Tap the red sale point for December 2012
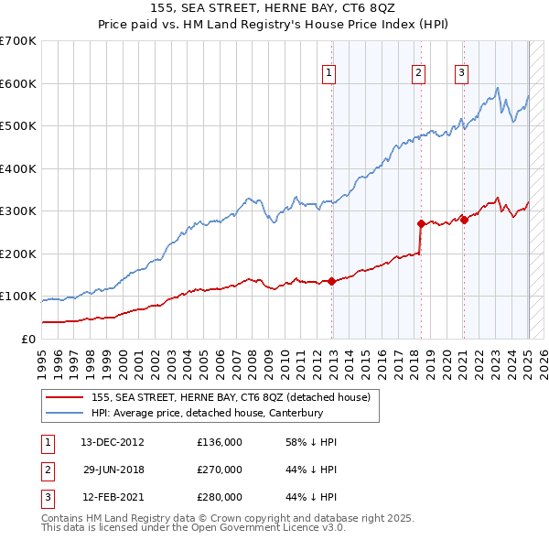coord(331,281)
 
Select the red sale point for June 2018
coord(421,223)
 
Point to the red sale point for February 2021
coord(464,219)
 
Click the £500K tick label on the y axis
coord(19,126)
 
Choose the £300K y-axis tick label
coord(19,211)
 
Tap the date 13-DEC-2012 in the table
coord(112,442)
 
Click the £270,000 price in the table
coord(220,470)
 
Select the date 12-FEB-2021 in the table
coord(112,497)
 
